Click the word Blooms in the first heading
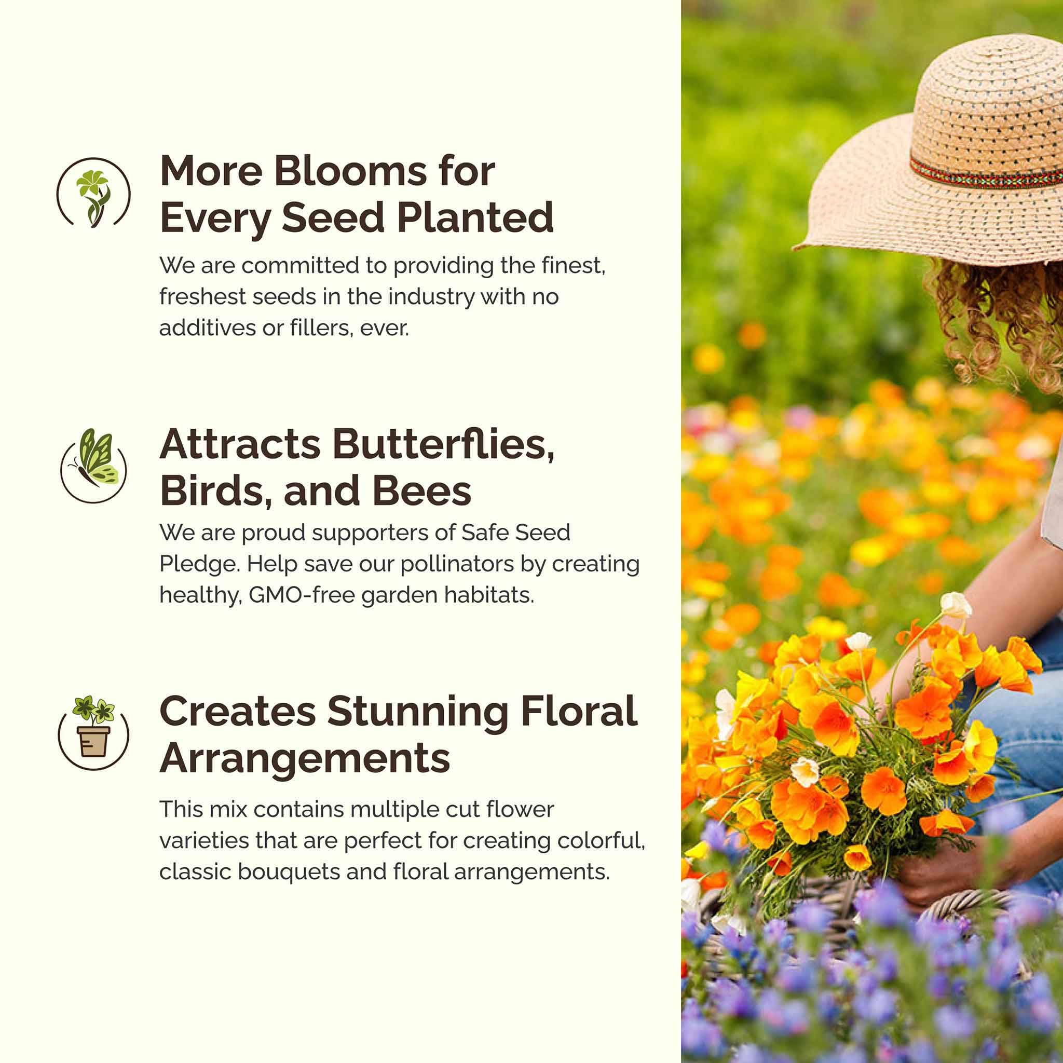[x=350, y=171]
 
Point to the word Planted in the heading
[x=475, y=217]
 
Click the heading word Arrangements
[x=305, y=759]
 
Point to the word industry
[x=431, y=297]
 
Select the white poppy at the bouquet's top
[x=956, y=605]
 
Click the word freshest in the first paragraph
[x=202, y=297]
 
